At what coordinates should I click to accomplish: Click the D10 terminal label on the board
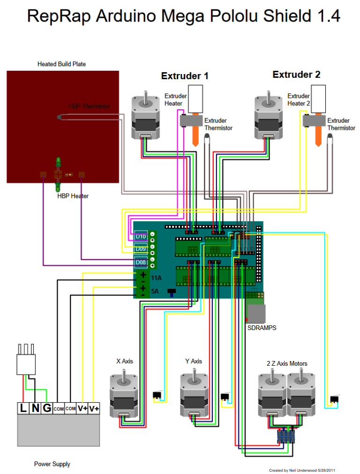point(141,236)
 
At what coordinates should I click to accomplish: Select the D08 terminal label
point(141,262)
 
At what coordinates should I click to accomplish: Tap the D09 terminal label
point(141,249)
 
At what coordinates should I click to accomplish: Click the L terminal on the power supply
point(23,408)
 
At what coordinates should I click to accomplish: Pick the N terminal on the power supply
point(35,408)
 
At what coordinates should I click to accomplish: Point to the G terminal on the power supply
point(47,408)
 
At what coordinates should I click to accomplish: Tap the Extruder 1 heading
point(185,76)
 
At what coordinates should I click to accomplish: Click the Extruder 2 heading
point(296,75)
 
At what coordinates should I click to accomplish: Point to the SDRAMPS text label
point(262,328)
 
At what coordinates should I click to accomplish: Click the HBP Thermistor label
point(89,106)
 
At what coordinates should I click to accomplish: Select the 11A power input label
point(156,278)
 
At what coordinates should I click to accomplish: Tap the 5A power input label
point(155,291)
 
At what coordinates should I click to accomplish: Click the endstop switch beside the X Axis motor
point(157,395)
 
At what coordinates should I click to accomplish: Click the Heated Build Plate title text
point(62,64)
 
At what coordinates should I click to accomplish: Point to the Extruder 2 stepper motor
point(269,115)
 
